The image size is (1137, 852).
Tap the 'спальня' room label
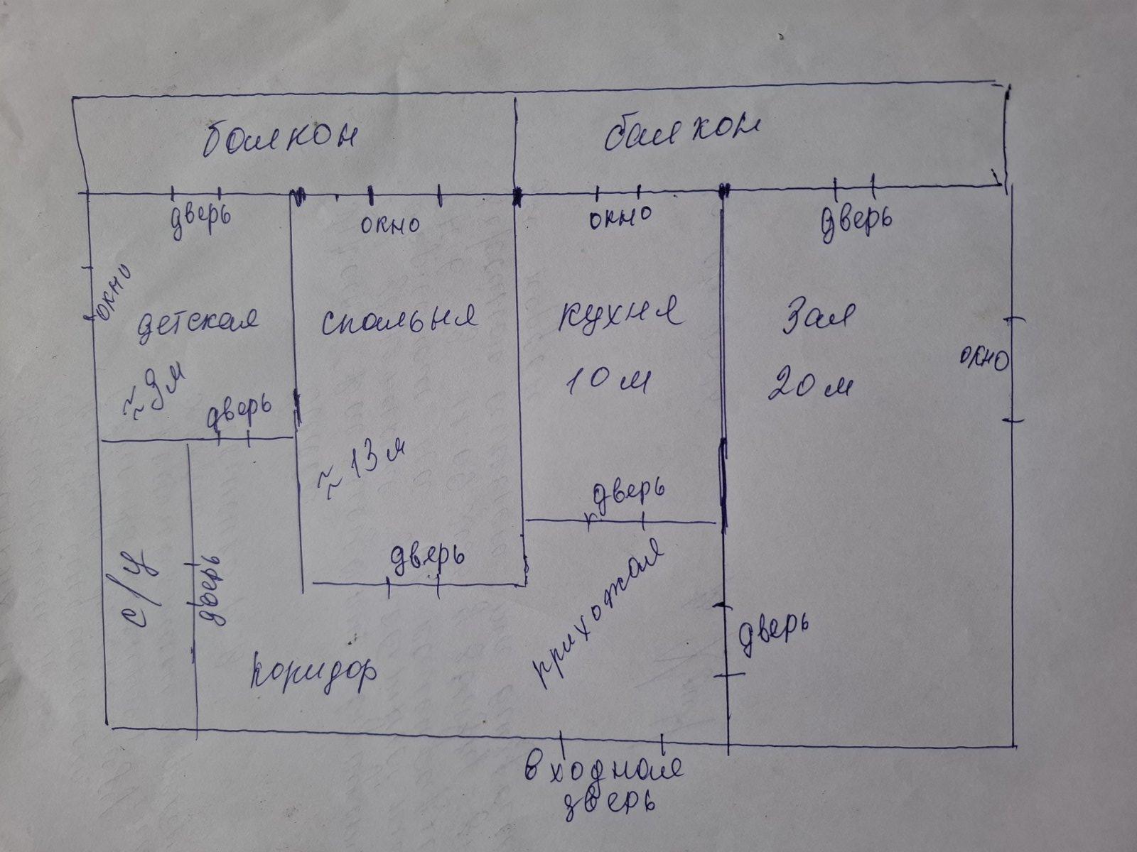click(x=398, y=320)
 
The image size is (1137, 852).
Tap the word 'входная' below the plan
click(x=604, y=770)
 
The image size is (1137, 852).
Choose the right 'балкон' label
click(x=682, y=132)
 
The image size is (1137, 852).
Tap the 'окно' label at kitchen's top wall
click(x=620, y=217)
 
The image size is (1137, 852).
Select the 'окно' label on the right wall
click(x=984, y=359)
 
